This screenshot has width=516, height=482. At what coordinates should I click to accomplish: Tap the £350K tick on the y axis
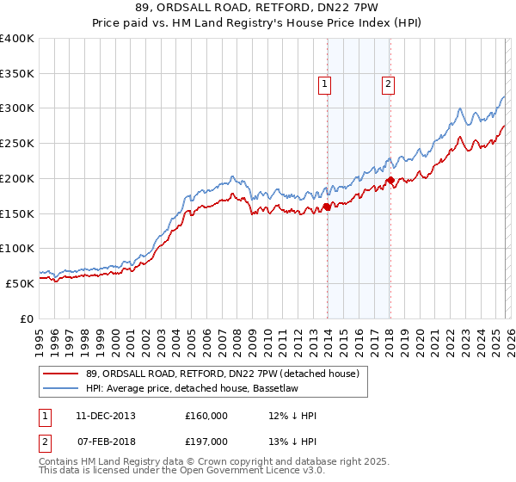pyautogui.click(x=17, y=74)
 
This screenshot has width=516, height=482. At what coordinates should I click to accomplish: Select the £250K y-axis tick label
pyautogui.click(x=17, y=144)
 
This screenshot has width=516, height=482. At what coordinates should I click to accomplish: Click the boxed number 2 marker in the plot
pyautogui.click(x=389, y=83)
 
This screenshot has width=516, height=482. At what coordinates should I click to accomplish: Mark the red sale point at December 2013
pyautogui.click(x=327, y=207)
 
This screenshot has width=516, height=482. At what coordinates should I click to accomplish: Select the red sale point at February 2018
pyautogui.click(x=390, y=181)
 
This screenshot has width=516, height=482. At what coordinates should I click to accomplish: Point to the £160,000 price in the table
pyautogui.click(x=206, y=416)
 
